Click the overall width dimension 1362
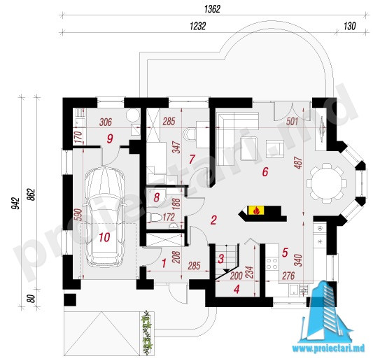[x=212, y=9]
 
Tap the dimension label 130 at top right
[x=349, y=26]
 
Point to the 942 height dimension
[x=15, y=203]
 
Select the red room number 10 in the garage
[x=104, y=237]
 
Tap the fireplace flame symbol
[x=256, y=211]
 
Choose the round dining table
[x=327, y=183]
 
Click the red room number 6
[x=265, y=171]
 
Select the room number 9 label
[x=110, y=139]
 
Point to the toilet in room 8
[x=155, y=217]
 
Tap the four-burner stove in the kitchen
[x=272, y=263]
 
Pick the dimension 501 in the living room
[x=292, y=122]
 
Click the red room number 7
[x=192, y=159]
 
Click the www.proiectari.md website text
[x=328, y=348]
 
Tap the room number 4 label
[x=237, y=290]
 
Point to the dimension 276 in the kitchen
[x=288, y=276]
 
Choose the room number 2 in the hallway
[x=213, y=220]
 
